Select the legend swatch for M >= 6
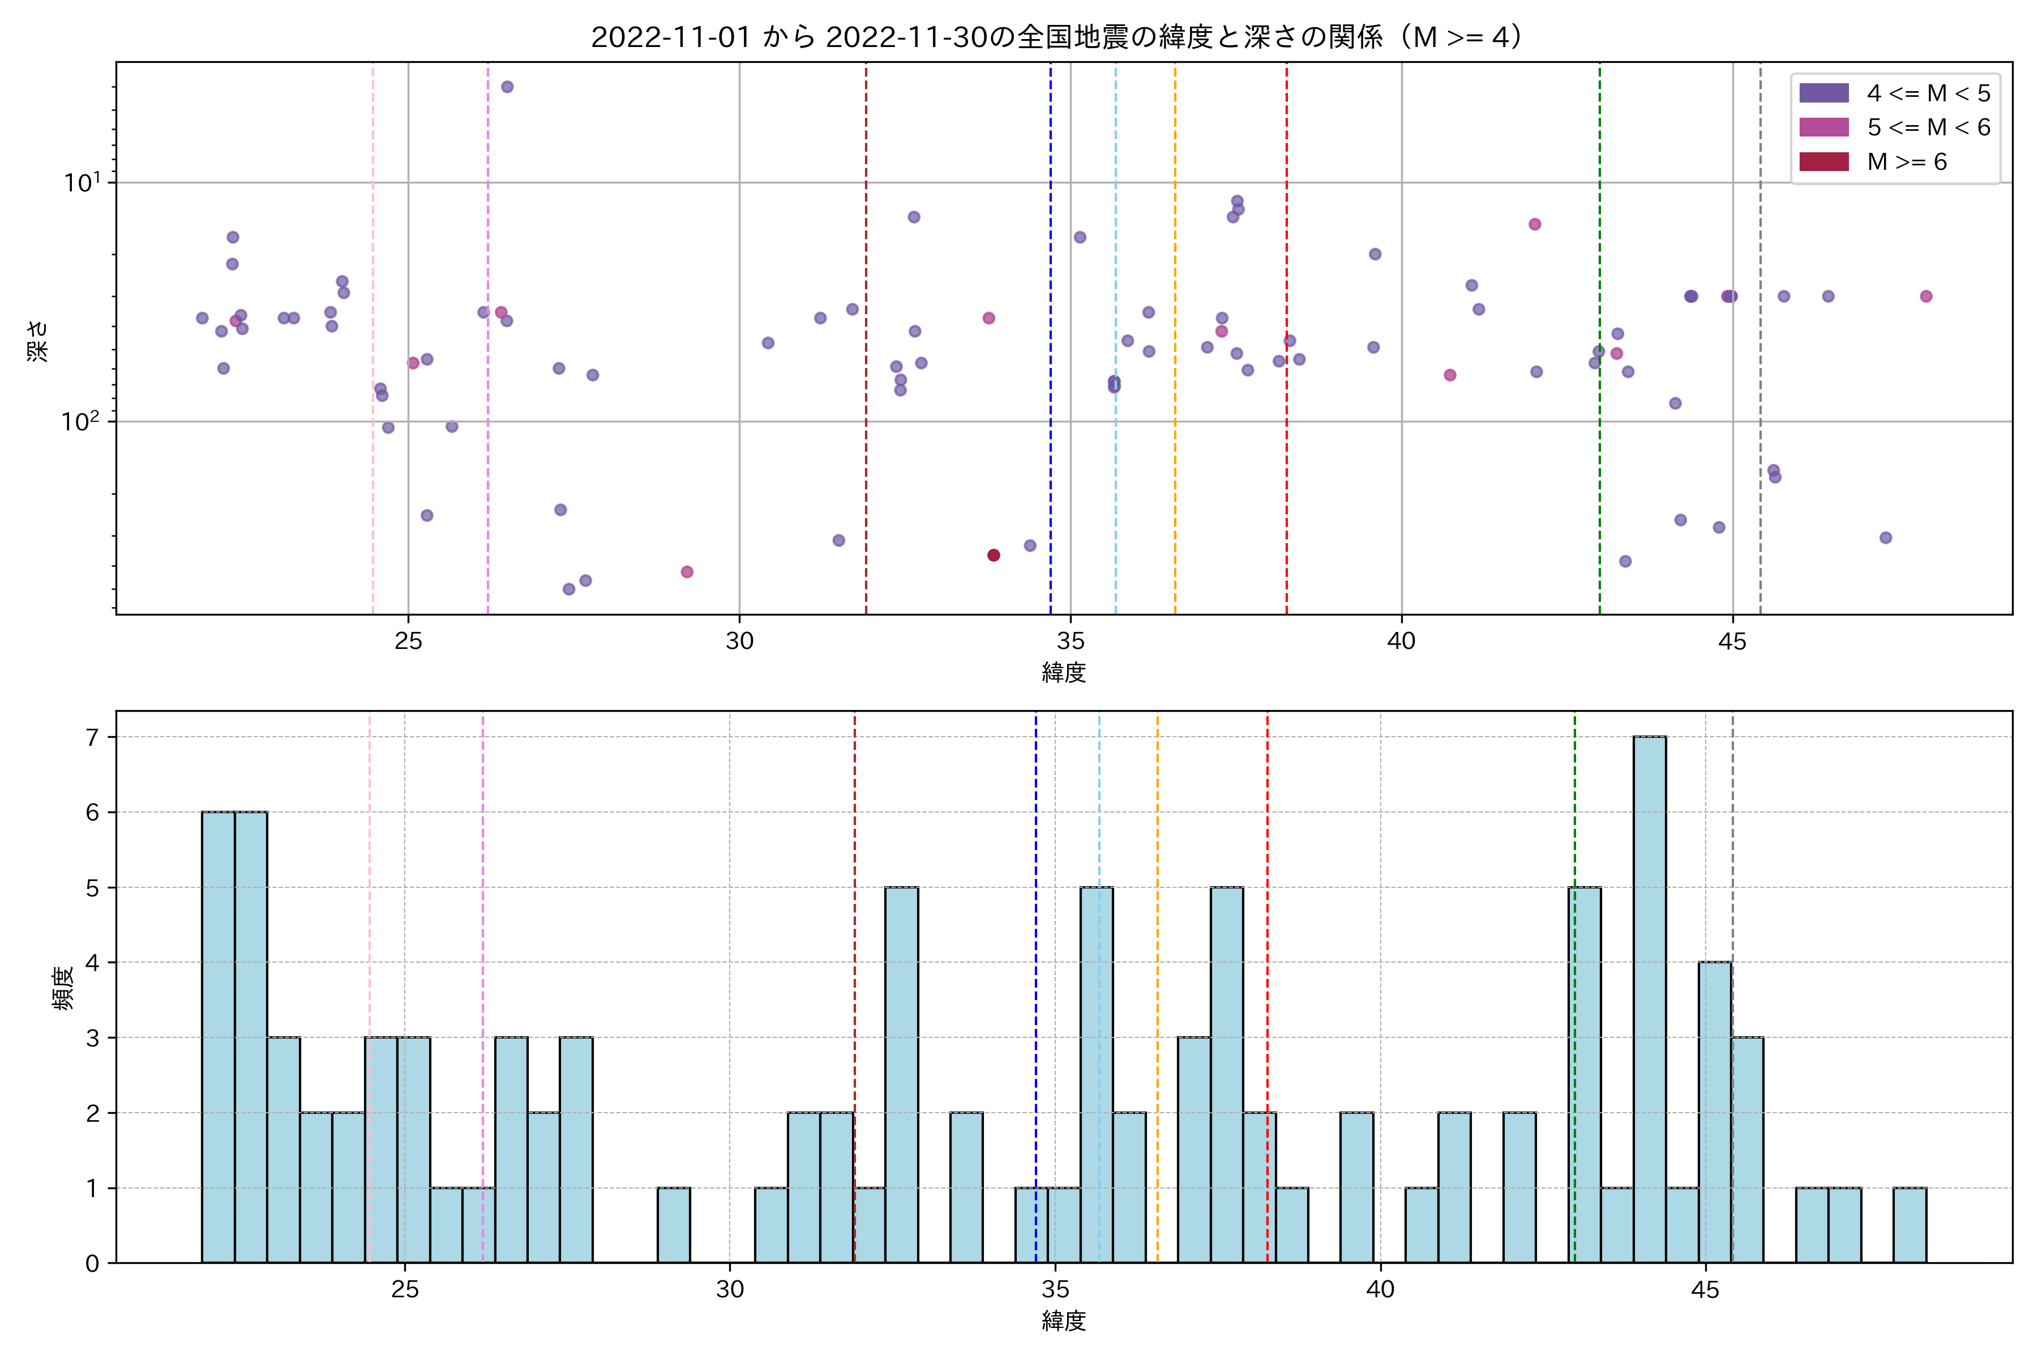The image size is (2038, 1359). coord(1824,162)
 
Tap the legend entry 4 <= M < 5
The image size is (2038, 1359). coord(1928,93)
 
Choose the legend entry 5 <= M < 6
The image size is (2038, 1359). coord(1928,127)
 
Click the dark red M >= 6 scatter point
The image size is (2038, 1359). coord(994,555)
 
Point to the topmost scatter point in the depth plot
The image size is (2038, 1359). coord(507,87)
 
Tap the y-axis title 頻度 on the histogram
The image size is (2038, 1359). coord(63,989)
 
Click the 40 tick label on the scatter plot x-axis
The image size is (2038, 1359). coord(1401,642)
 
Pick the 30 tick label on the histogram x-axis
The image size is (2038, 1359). coord(730,1290)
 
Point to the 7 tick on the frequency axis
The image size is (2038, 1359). coord(92,738)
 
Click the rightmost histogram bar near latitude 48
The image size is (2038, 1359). coord(1909,1225)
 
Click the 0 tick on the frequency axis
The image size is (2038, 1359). coord(92,1264)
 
